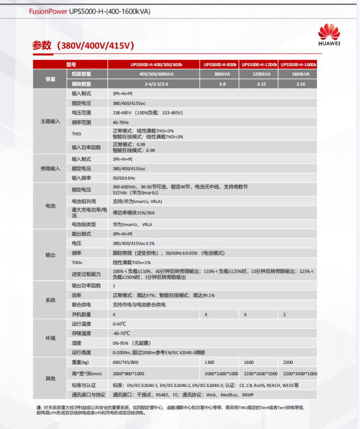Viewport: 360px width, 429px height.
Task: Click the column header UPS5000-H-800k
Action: pyautogui.click(x=220, y=64)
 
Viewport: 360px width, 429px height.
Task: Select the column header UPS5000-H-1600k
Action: pyautogui.click(x=298, y=64)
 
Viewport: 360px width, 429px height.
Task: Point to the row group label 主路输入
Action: pyautogui.click(x=50, y=121)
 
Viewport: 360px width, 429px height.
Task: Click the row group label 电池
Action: pyautogui.click(x=50, y=206)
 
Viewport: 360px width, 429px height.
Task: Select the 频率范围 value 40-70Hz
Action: pyautogui.click(x=121, y=122)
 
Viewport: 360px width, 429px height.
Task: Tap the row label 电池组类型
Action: pyautogui.click(x=84, y=224)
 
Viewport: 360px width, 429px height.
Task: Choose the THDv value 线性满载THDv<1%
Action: pyautogui.click(x=132, y=262)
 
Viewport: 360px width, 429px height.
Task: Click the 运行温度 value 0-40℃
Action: pyautogui.click(x=119, y=324)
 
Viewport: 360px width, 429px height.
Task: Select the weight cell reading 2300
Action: pyautogui.click(x=289, y=363)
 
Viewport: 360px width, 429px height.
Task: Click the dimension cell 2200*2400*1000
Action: pyautogui.click(x=299, y=373)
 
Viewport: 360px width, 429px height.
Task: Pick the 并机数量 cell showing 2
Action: pyautogui.click(x=284, y=315)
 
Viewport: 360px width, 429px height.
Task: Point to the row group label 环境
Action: pyautogui.click(x=50, y=338)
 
